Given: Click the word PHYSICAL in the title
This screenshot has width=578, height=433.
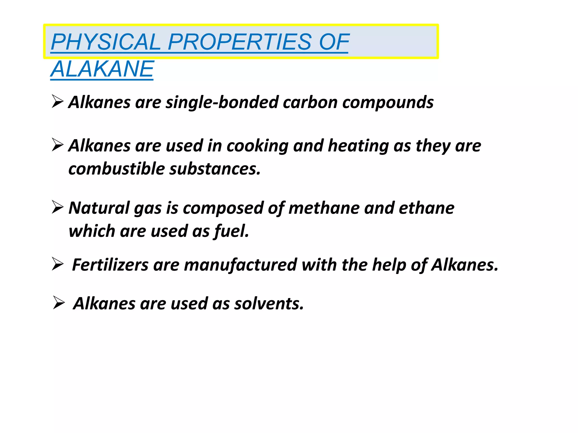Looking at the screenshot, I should pos(106,42).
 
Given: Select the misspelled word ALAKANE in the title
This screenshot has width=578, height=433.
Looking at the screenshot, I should pos(102,69).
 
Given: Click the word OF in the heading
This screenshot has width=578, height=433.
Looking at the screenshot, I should pos(334,42).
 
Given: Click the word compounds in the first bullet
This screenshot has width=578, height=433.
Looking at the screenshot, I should pos(388,102).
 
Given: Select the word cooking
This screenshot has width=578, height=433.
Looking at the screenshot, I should pos(257,146).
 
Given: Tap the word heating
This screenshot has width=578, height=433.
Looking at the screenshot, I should pos(358,146).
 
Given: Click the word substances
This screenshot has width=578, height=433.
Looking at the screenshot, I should pos(215,169).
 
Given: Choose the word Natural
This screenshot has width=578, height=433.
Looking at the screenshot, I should pos(99,208).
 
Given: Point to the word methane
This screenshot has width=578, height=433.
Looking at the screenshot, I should pos(324,208).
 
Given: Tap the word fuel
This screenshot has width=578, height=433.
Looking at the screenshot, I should pos(232,231).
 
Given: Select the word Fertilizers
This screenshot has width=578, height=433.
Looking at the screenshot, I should pos(110,265).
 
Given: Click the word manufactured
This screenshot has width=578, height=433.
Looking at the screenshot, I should pos(240,265).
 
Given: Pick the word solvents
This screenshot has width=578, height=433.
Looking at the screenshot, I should pos(269,304).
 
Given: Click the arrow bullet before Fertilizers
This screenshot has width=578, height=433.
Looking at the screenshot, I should pos(58,264).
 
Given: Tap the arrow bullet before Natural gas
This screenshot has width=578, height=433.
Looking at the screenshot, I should pos(58,207).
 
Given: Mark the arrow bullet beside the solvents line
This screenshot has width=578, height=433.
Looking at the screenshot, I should pos(59,303).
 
